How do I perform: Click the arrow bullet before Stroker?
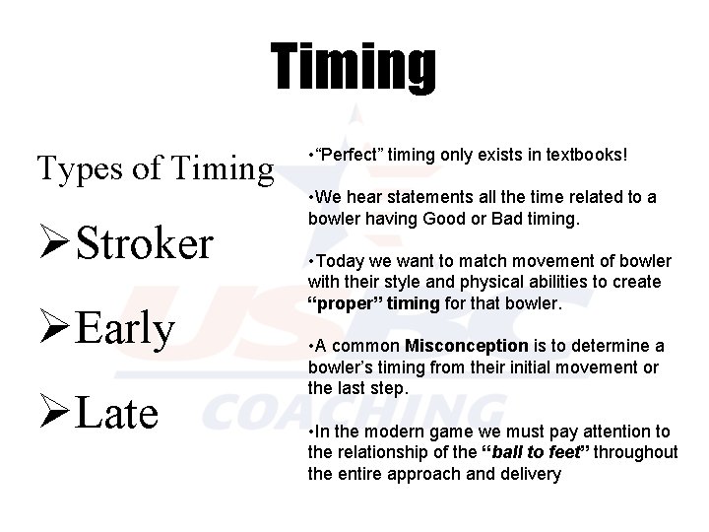(53, 243)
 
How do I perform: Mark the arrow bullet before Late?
(53, 413)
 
